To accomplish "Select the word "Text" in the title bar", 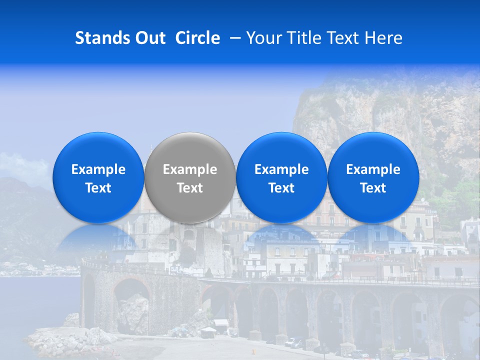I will pyautogui.click(x=344, y=38).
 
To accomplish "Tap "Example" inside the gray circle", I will pyautogui.click(x=190, y=169).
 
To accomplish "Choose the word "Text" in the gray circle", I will pyautogui.click(x=190, y=188).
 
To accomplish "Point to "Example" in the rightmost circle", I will pyautogui.click(x=373, y=169).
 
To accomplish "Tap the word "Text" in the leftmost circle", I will pyautogui.click(x=98, y=188).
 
